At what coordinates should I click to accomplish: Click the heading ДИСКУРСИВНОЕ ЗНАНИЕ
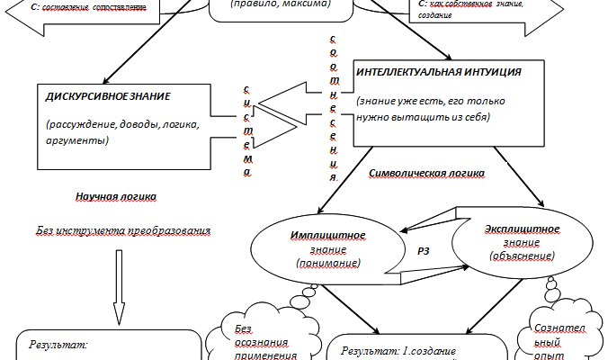tap(108, 95)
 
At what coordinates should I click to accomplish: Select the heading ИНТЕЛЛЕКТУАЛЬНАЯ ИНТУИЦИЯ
tap(438, 71)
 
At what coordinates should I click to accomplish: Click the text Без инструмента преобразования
tap(123, 229)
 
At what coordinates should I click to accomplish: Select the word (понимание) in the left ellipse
tap(326, 263)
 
